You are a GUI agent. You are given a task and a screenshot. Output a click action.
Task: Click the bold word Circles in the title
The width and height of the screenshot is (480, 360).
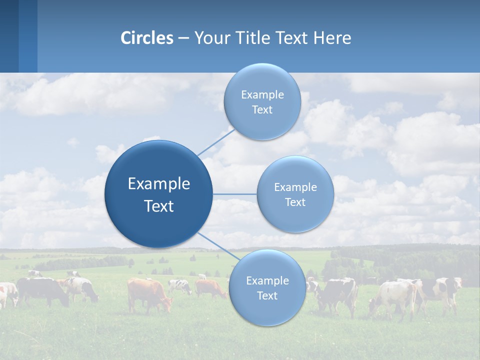tap(147, 38)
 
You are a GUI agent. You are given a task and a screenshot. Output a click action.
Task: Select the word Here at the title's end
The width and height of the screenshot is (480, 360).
tap(332, 38)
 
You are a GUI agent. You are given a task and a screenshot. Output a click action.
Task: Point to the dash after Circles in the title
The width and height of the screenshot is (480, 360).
tap(183, 38)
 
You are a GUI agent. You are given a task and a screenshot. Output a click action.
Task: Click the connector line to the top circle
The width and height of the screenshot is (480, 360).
tap(216, 142)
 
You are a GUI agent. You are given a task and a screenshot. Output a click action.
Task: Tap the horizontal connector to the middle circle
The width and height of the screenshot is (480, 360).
tap(235, 194)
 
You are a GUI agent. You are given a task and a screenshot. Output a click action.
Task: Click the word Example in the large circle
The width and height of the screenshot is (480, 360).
tap(159, 184)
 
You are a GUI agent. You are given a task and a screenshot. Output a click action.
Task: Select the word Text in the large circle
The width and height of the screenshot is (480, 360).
tap(159, 206)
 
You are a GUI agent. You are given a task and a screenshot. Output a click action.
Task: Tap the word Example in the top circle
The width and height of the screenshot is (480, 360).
tap(262, 95)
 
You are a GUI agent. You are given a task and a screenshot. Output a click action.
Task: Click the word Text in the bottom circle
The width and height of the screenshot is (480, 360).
tap(267, 295)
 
